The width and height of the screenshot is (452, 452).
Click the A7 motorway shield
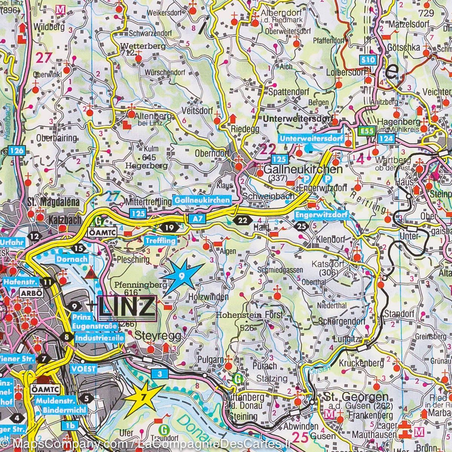point(193,218)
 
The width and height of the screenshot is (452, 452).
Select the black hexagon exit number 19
point(169,227)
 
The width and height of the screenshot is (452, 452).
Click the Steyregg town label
point(158,335)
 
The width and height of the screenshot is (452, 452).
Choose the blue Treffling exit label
point(160,241)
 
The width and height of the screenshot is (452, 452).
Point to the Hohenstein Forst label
point(249,316)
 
